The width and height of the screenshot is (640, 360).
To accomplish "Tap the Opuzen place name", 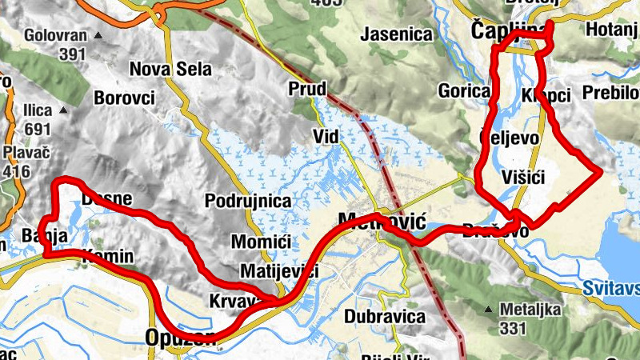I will (x=181, y=338).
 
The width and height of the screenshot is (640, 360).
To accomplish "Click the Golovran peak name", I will (x=54, y=36).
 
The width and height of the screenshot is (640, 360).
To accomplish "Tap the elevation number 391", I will (x=72, y=54).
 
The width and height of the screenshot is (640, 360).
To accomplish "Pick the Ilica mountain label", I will (x=37, y=110).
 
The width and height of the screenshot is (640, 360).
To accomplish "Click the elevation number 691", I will (x=37, y=129).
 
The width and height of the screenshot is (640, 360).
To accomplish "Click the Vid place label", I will (x=326, y=137).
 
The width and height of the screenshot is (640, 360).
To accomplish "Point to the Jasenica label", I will (x=397, y=34).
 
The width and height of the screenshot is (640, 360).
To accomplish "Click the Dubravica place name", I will (x=385, y=316).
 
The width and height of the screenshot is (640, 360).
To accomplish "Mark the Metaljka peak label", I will (x=530, y=309).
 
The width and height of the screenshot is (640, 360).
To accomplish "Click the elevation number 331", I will (x=512, y=327).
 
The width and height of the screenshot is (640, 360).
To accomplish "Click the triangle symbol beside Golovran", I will (x=98, y=36).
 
